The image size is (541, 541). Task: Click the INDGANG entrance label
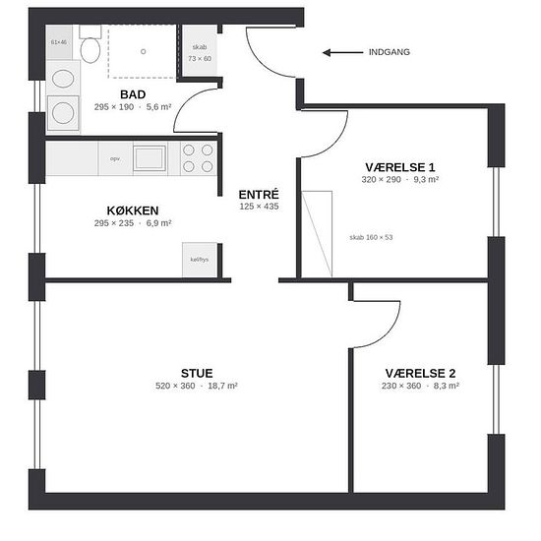pos(390,52)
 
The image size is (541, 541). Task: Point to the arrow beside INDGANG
pos(342,52)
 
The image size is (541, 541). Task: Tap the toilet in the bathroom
pos(90,44)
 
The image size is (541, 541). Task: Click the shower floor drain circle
pos(144,52)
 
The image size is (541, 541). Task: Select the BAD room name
pos(133,94)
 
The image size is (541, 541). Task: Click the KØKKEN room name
pos(133,210)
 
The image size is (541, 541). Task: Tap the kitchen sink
pos(150,158)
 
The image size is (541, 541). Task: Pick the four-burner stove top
pos(198,158)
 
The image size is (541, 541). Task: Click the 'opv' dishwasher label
pos(115,159)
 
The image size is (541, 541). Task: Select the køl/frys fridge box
pos(200,260)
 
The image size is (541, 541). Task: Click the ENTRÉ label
pos(259,195)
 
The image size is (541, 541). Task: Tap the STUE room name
pos(197,374)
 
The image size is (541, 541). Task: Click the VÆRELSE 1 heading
pos(400,167)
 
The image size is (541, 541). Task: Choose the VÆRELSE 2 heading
pos(420,374)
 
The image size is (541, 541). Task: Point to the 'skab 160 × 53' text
pos(371,237)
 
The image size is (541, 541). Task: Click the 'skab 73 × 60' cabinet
pos(200,51)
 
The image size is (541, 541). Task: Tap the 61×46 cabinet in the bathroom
pos(59,42)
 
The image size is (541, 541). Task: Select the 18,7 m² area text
pos(222,386)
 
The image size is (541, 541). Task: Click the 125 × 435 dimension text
pos(259,207)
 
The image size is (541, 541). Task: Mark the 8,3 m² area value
pos(447,386)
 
